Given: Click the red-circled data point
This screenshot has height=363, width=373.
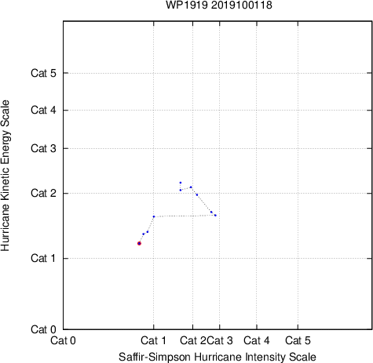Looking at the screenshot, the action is [x=139, y=243].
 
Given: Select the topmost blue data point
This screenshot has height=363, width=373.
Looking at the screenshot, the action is [x=181, y=183].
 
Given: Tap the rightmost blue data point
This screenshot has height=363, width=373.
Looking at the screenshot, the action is [x=215, y=216].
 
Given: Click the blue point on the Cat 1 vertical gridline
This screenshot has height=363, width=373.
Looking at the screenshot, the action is [x=154, y=216].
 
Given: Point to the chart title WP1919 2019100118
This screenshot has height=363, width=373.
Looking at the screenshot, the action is [x=219, y=5].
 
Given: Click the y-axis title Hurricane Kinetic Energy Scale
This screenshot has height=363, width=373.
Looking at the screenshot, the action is [x=5, y=176].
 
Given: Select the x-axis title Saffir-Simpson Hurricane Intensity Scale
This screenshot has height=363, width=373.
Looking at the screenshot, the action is [x=218, y=357].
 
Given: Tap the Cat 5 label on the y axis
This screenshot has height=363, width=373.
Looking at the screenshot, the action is [x=43, y=73].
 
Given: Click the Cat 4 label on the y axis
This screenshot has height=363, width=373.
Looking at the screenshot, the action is [x=43, y=110].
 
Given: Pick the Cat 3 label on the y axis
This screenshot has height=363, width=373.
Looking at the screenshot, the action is [x=43, y=148].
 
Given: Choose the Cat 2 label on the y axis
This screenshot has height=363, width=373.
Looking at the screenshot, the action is [x=43, y=194].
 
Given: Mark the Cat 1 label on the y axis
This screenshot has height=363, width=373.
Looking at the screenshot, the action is [x=43, y=258].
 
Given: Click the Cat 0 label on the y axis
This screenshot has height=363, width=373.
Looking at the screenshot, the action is [x=43, y=329].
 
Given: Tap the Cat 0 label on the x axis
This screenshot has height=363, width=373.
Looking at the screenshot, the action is [x=63, y=340].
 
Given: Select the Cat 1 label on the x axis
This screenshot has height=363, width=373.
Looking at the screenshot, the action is [x=153, y=340].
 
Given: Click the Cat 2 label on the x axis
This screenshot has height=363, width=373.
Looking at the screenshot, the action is [x=193, y=340].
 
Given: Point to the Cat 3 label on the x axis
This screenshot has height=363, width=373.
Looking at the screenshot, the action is [x=220, y=340].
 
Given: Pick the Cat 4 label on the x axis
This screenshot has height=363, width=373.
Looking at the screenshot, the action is [x=257, y=340].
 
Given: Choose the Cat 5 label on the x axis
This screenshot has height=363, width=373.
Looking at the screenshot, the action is [x=298, y=340].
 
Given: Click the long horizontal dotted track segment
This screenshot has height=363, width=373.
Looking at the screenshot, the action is [x=185, y=216].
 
